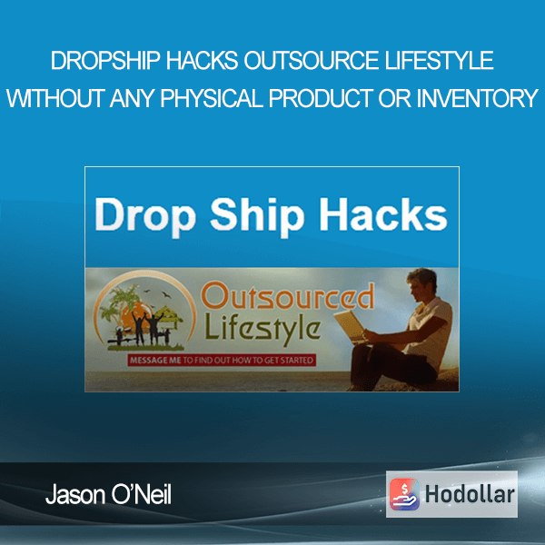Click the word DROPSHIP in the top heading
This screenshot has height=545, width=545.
coord(105,60)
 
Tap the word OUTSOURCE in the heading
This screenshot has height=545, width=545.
coord(311,60)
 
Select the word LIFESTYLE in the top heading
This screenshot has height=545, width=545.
coord(439,60)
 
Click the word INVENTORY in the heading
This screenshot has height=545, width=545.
coord(478,98)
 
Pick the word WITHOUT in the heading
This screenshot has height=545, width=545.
coord(55,98)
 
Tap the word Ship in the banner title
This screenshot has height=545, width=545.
coord(257,217)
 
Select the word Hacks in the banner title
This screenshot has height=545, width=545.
coord(383,214)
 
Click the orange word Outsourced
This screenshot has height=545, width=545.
coord(288,295)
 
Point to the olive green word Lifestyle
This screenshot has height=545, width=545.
coord(263,329)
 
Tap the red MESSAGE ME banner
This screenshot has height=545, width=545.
coord(222,360)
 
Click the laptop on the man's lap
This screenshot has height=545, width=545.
coord(351,326)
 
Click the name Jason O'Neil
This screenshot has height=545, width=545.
coord(108,495)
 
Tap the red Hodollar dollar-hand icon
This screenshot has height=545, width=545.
coord(405,494)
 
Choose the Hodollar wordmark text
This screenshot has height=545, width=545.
coord(470,494)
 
